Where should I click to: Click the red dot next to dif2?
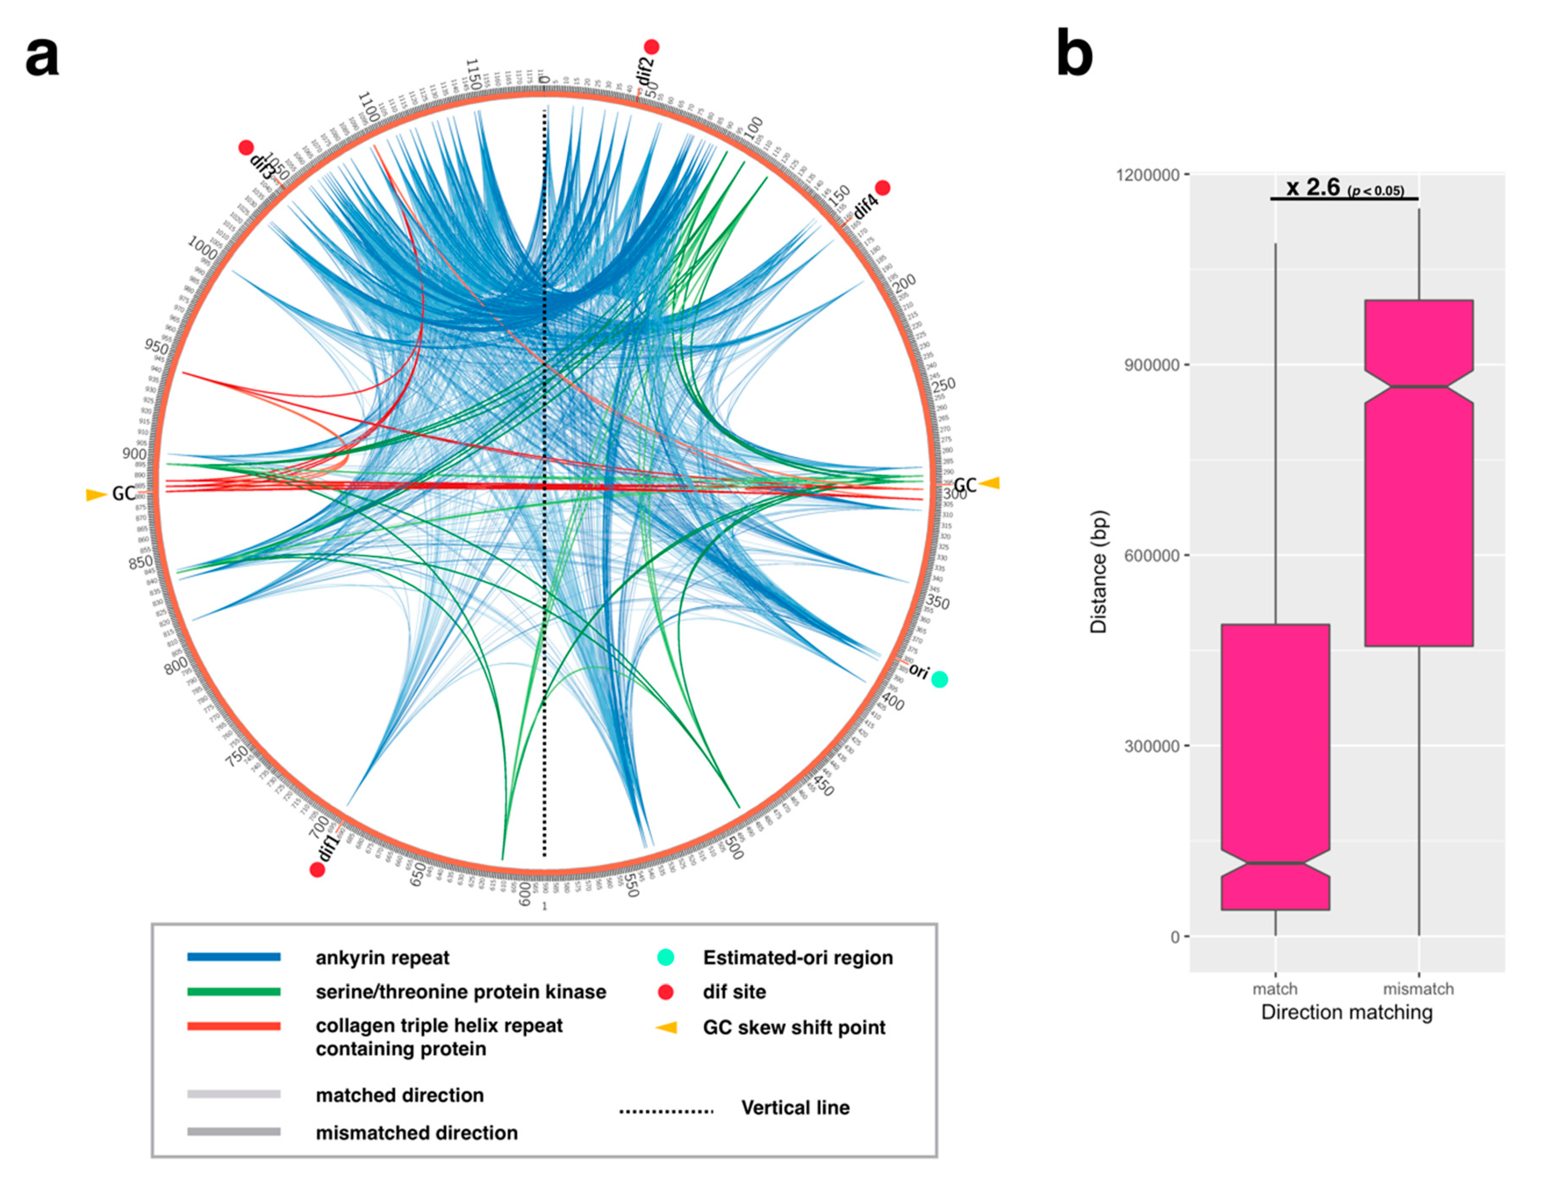coord(651,47)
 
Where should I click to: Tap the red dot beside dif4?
coord(882,187)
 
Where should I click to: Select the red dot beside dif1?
coord(317,869)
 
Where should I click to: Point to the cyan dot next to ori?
coord(939,679)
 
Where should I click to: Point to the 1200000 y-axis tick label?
coord(1148,175)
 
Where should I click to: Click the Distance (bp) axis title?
coord(1098,571)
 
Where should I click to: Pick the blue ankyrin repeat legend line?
coord(234,957)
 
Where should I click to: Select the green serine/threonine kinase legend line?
coord(234,991)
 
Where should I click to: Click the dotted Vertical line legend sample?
coord(665,1111)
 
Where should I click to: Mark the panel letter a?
coord(42,56)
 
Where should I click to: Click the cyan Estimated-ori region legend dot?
coord(665,957)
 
